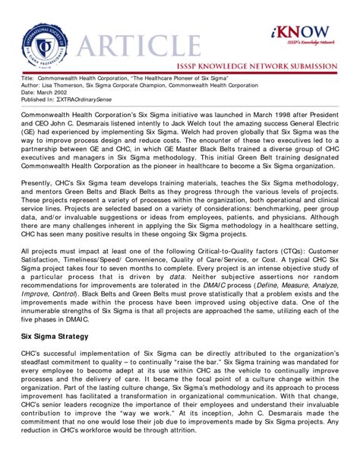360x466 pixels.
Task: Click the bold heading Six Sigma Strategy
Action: [x=60, y=312]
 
